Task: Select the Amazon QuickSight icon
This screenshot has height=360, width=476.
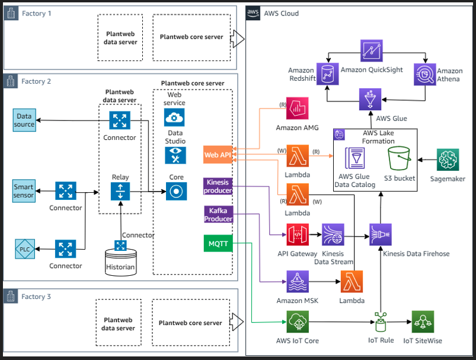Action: pyautogui.click(x=372, y=52)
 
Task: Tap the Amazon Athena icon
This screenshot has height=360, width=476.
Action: pyautogui.click(x=426, y=74)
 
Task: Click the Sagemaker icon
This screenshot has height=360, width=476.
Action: pyautogui.click(x=449, y=160)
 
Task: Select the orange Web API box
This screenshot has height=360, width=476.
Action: pyautogui.click(x=218, y=155)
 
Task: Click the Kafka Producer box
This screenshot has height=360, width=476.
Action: pyautogui.click(x=218, y=214)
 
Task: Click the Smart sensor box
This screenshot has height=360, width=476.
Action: pyautogui.click(x=24, y=190)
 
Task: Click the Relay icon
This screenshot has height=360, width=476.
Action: pyautogui.click(x=120, y=192)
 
